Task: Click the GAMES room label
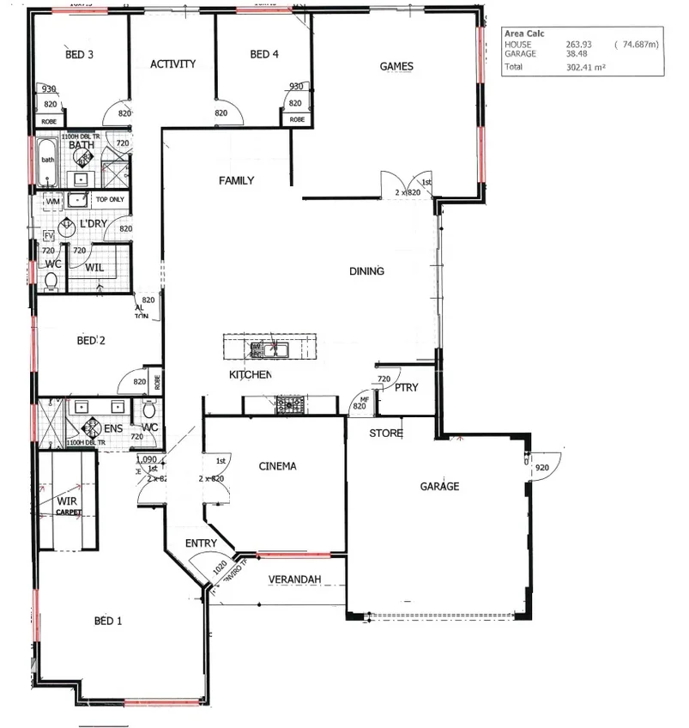(x=396, y=66)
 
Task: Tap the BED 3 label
(x=79, y=54)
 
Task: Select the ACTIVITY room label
(x=173, y=64)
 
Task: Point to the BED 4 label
(x=264, y=54)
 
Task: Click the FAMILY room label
(x=236, y=180)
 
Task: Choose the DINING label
(x=366, y=271)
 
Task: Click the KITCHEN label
(x=250, y=375)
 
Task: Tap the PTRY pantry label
(x=407, y=387)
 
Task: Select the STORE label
(x=386, y=434)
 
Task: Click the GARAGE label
(x=439, y=486)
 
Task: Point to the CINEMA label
(x=277, y=466)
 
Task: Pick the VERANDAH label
(x=295, y=579)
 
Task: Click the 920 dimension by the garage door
(x=541, y=468)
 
